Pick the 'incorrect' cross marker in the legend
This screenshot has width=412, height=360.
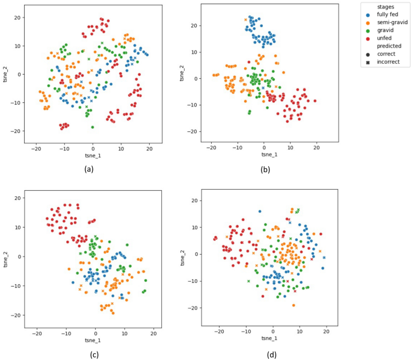pos(386,62)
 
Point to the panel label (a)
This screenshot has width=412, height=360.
pos(89,169)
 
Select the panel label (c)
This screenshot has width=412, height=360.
pos(94,355)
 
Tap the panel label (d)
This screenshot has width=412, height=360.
pos(273,355)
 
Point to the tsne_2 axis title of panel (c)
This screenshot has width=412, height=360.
pos(5,256)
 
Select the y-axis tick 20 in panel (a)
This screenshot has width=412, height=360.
pos(19,17)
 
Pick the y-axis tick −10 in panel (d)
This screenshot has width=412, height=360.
pos(195,281)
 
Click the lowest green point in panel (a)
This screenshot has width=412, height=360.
pos(93,127)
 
